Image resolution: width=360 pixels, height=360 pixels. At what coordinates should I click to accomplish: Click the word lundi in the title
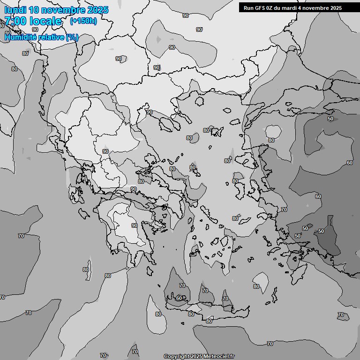click(x=15, y=10)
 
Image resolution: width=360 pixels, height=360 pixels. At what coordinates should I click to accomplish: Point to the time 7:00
click(x=15, y=21)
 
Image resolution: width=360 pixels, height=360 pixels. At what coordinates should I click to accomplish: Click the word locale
click(x=45, y=21)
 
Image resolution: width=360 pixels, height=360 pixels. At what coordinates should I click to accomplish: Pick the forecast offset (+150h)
click(x=83, y=21)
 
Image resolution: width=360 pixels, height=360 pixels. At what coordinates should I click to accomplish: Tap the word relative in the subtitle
click(x=50, y=37)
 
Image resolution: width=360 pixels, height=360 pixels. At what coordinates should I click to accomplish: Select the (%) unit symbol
click(x=72, y=37)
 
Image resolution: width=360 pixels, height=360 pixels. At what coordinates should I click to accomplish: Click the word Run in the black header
click(x=249, y=8)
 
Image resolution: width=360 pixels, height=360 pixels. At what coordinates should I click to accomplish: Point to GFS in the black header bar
click(x=260, y=8)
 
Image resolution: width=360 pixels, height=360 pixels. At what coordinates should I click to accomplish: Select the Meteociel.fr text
click(x=218, y=356)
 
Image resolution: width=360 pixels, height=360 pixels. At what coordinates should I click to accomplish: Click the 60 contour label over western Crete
click(x=179, y=298)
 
